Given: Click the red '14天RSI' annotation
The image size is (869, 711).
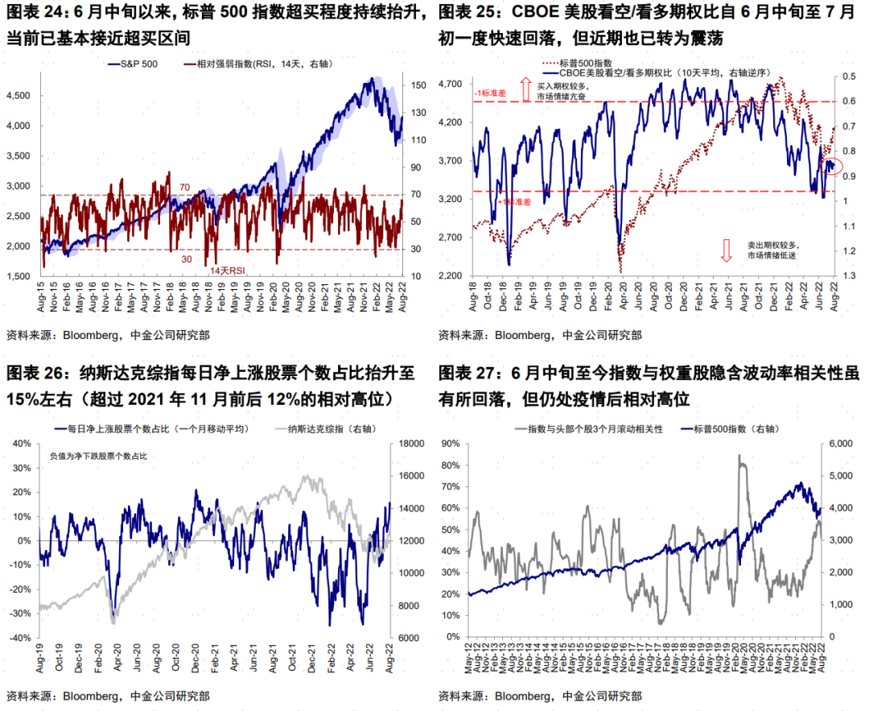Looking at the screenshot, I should pos(227,271).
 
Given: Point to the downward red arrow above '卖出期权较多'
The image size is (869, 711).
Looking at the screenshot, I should pos(726,250).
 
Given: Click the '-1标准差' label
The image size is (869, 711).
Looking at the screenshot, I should pos(491,93).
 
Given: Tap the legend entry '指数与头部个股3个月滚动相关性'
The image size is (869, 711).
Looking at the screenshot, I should pos(595,428).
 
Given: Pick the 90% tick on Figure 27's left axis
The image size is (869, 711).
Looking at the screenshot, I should pos(449,443).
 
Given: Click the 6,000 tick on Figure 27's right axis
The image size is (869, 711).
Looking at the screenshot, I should pos(842,443).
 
